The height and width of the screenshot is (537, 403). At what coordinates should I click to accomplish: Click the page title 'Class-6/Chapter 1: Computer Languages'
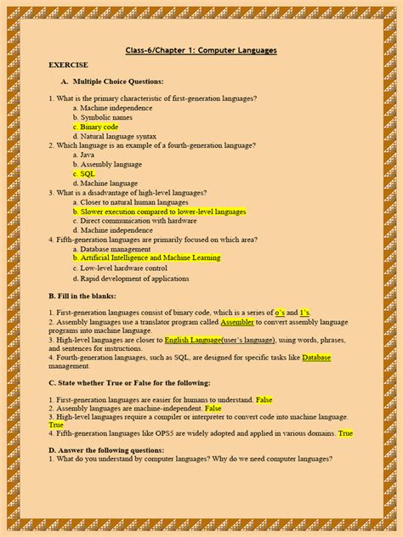201,50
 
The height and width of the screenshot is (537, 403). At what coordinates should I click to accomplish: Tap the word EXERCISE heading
68,65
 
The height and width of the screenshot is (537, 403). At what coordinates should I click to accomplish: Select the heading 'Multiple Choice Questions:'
118,82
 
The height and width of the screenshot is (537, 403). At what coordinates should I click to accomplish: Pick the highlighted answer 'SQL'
88,173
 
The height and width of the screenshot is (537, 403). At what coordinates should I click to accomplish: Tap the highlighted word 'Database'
316,358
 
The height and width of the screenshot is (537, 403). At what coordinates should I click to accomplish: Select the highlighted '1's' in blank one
305,313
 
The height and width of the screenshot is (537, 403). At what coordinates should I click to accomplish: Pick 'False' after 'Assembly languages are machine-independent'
213,408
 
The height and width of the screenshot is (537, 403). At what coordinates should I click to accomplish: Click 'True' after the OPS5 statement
345,433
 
